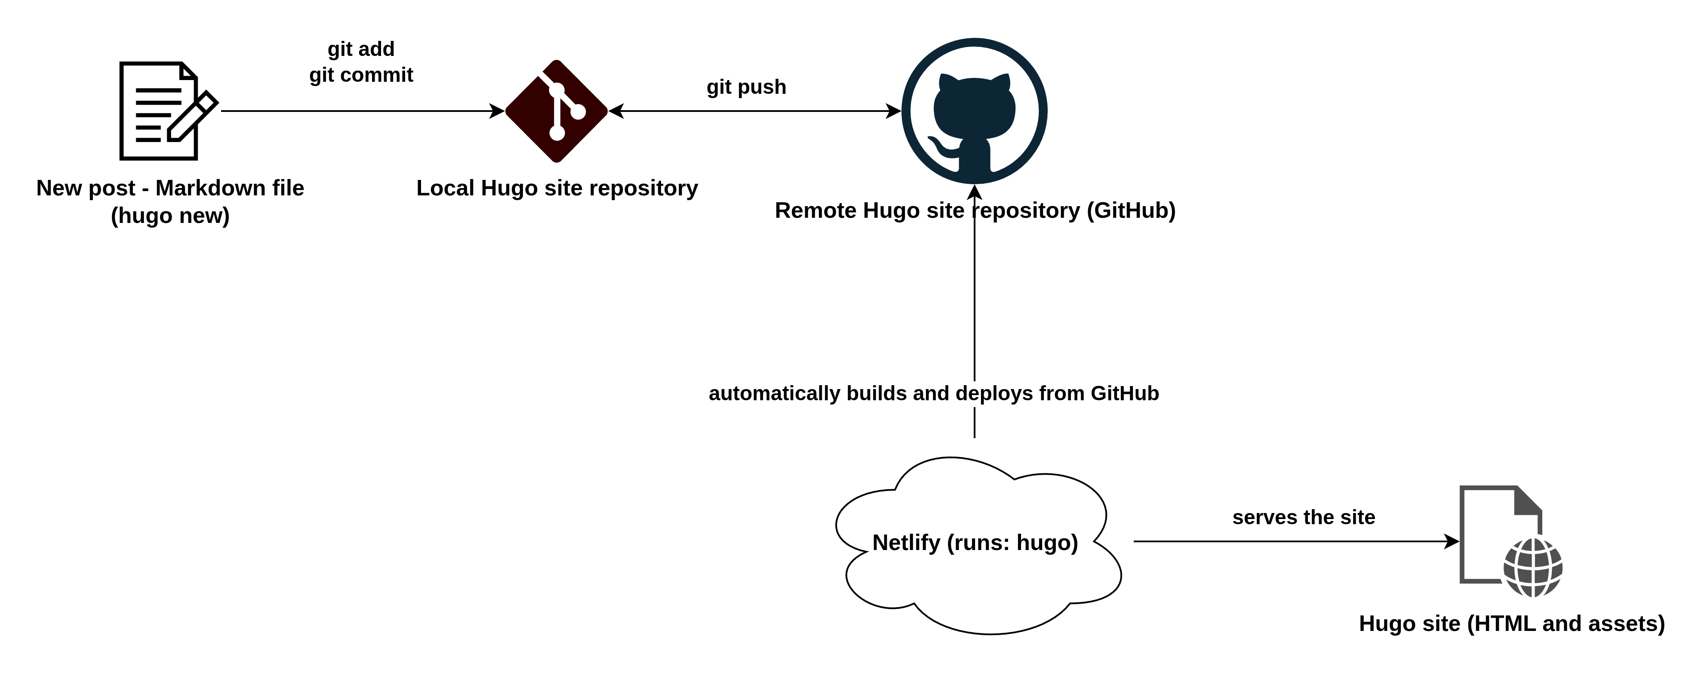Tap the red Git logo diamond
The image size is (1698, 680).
click(557, 111)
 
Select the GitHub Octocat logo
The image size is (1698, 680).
click(974, 111)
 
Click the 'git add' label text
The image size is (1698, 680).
click(361, 49)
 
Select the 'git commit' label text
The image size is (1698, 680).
click(361, 74)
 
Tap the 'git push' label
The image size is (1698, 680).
click(746, 87)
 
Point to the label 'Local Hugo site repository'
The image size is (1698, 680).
click(557, 188)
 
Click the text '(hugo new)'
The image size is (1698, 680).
click(170, 216)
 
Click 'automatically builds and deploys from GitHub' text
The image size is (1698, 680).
click(933, 393)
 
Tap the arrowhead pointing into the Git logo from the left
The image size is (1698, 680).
click(497, 111)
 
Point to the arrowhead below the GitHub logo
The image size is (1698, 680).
click(974, 192)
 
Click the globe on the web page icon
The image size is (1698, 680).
click(1533, 567)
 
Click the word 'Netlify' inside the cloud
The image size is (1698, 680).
click(906, 542)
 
